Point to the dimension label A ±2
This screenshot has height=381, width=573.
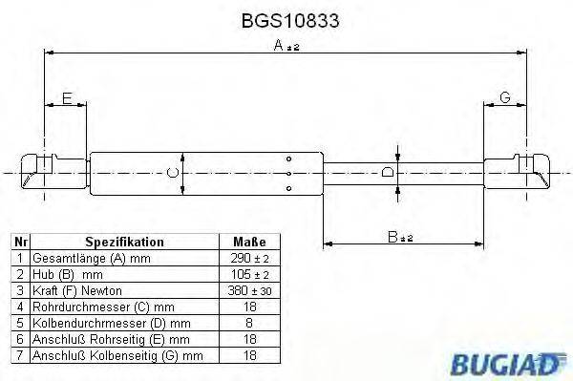tap(286, 46)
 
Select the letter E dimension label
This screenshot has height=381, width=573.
tap(67, 97)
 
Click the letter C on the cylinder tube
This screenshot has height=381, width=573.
tap(171, 173)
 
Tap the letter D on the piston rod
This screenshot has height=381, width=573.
tap(388, 173)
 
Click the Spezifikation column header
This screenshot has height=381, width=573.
tap(125, 243)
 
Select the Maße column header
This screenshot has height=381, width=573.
tap(249, 243)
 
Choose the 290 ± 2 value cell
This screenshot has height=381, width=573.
tap(249, 258)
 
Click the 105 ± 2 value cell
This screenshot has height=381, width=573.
tap(249, 273)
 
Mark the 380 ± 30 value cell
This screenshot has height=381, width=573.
tap(249, 289)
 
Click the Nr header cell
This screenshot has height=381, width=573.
tap(19, 243)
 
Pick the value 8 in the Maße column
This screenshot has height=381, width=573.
tap(249, 323)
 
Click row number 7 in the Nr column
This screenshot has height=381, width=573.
tap(19, 355)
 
